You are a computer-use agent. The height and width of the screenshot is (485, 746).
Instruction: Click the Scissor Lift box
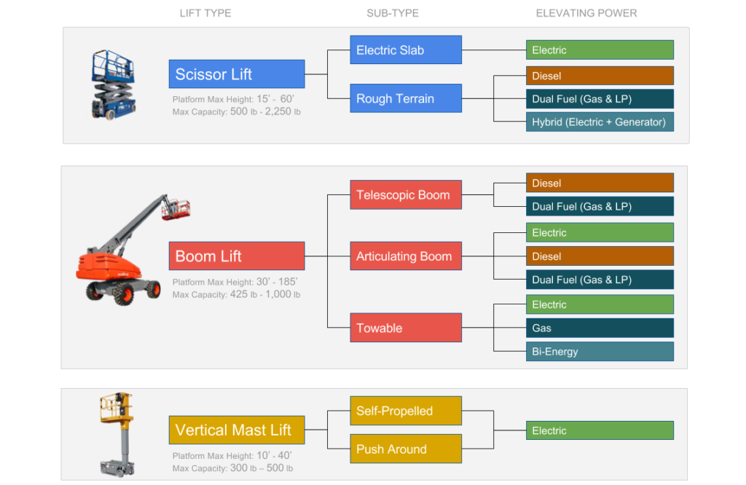click(x=237, y=74)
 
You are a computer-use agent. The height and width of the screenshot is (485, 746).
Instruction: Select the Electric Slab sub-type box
click(x=406, y=50)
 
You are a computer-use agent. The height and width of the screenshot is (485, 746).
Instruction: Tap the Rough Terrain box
click(x=406, y=98)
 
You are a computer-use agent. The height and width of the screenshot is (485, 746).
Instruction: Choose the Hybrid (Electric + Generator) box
click(x=600, y=122)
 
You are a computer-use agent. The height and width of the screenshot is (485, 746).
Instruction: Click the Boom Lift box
click(x=237, y=256)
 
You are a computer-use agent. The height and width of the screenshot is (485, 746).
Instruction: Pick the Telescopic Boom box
click(x=406, y=194)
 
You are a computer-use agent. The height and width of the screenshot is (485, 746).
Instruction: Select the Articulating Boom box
click(x=406, y=256)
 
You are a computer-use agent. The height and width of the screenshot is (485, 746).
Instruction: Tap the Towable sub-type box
click(x=406, y=328)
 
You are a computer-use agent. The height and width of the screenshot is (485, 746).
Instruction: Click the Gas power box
click(x=600, y=328)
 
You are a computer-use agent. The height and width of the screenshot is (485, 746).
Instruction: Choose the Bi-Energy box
click(x=600, y=352)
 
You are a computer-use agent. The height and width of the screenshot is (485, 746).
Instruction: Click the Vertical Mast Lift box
click(x=237, y=430)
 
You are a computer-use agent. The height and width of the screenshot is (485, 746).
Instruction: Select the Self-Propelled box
click(x=406, y=410)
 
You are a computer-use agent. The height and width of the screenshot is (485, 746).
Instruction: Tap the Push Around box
click(x=406, y=449)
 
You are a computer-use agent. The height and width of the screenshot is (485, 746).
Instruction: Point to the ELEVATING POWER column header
click(x=586, y=13)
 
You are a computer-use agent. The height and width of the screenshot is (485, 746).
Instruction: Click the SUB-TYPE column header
click(x=393, y=13)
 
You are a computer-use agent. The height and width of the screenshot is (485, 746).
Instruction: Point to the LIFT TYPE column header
click(x=205, y=13)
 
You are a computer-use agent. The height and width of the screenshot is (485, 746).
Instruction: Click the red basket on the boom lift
click(x=176, y=209)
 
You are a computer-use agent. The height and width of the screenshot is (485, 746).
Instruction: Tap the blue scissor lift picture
click(x=113, y=84)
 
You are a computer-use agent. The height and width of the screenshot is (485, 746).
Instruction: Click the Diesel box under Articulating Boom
click(x=600, y=256)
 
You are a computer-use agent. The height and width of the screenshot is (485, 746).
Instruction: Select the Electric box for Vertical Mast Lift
click(x=600, y=430)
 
